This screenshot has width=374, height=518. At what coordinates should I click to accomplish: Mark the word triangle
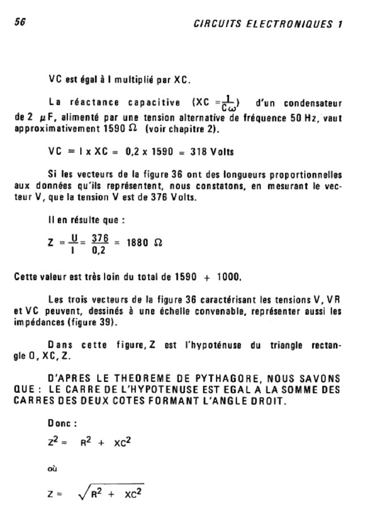[x=287, y=345]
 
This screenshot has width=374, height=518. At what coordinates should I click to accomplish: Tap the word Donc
[x=59, y=423]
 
